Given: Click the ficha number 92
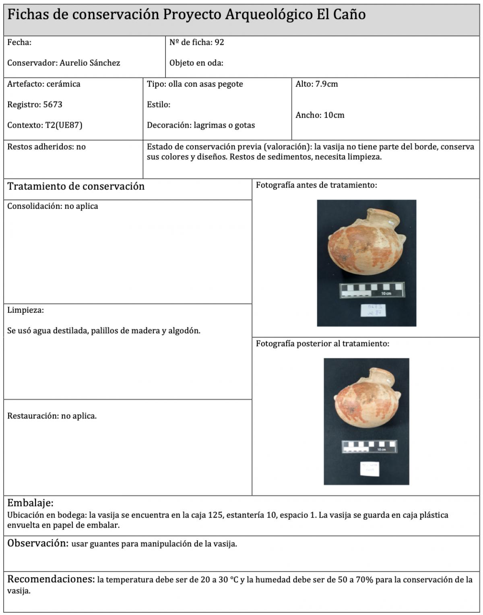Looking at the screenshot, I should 219,42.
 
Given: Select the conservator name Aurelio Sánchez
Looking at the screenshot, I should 90,63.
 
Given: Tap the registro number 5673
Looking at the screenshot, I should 53,105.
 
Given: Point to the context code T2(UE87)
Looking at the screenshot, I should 64,125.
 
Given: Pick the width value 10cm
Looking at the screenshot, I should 334,115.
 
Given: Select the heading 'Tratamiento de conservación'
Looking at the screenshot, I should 76,186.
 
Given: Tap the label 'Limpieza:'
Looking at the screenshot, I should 25,310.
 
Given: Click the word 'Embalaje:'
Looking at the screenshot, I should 30,503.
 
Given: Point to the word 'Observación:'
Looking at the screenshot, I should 38,543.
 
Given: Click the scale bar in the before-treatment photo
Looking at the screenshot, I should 372,290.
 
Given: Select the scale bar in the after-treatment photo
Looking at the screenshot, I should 369,447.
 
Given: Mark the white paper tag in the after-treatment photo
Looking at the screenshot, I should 369,469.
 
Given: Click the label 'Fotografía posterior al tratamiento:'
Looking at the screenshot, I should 322,344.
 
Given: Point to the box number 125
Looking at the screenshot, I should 215,515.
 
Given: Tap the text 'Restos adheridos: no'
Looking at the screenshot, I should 46,147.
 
